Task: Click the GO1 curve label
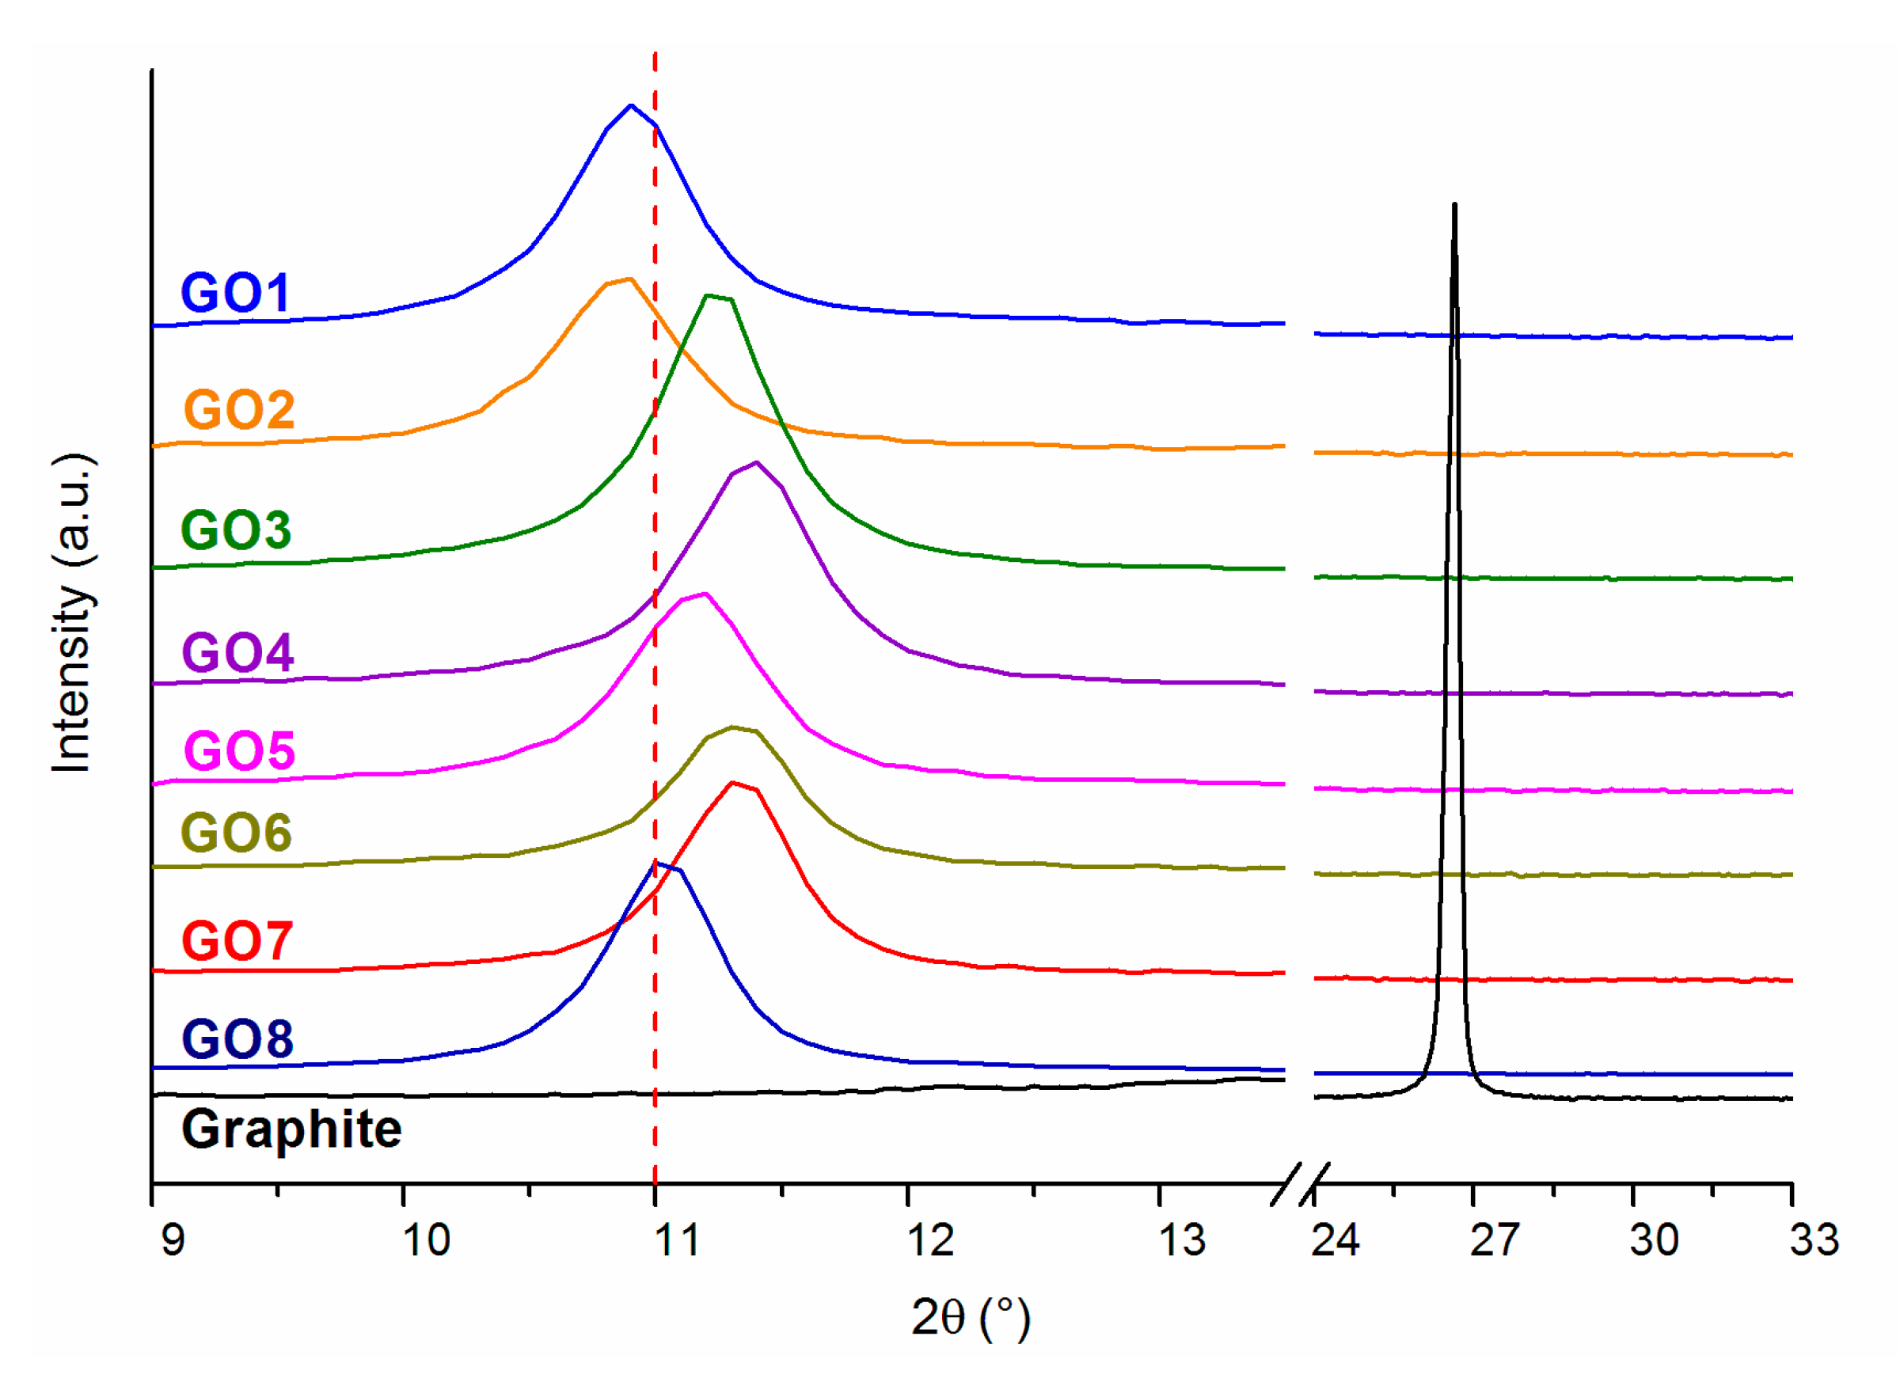click(235, 293)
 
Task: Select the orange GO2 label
click(239, 410)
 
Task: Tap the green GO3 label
click(236, 530)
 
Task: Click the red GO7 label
click(237, 941)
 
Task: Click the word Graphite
click(291, 1129)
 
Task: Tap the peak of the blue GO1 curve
click(631, 105)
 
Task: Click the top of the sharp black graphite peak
click(1454, 204)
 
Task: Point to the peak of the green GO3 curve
click(709, 296)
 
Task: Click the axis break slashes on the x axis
click(1299, 1185)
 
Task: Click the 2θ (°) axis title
click(971, 1317)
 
